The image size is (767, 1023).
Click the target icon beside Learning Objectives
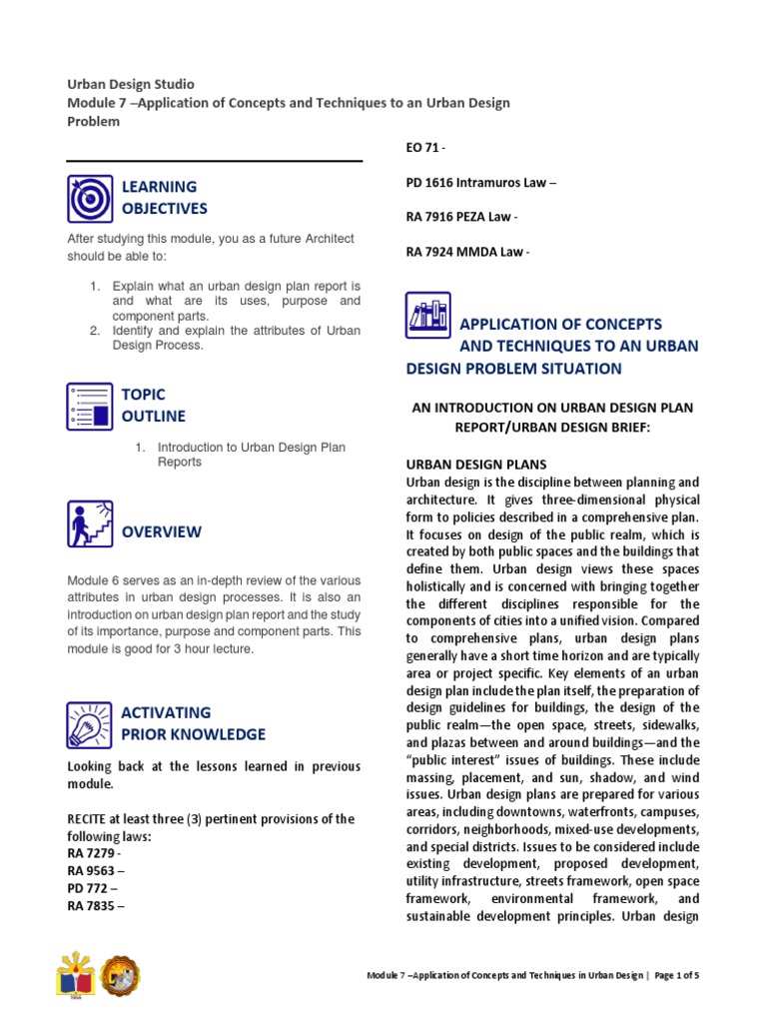click(x=91, y=198)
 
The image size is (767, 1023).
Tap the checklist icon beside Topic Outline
click(x=91, y=406)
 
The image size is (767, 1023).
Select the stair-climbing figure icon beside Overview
click(x=91, y=523)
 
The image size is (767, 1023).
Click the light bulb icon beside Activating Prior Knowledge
click(x=91, y=724)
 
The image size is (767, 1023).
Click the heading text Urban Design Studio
click(x=131, y=84)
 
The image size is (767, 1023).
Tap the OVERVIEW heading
click(x=161, y=532)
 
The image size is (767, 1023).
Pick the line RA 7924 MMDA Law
click(x=467, y=252)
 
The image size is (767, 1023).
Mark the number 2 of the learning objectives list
click(x=95, y=330)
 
